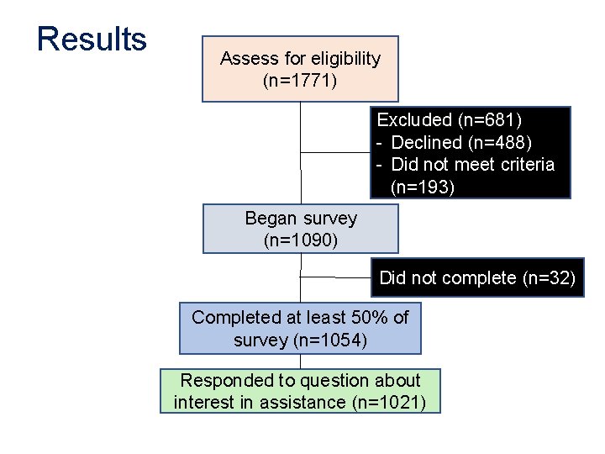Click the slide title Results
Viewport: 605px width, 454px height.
[x=92, y=40]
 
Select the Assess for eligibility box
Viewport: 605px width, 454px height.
[x=300, y=69]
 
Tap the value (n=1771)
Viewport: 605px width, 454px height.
[x=300, y=82]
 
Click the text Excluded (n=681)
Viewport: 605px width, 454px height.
[x=449, y=120]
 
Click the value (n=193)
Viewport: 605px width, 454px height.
[x=423, y=187]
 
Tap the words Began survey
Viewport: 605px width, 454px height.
[x=300, y=219]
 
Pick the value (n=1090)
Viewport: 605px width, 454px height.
[x=300, y=240]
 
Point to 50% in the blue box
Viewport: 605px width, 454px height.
[x=366, y=318]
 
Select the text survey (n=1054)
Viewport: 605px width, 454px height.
[x=300, y=340]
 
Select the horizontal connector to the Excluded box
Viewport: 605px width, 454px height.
[x=336, y=153]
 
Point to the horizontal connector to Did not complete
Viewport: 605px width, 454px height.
[x=335, y=276]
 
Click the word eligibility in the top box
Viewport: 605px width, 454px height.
[x=345, y=59]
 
